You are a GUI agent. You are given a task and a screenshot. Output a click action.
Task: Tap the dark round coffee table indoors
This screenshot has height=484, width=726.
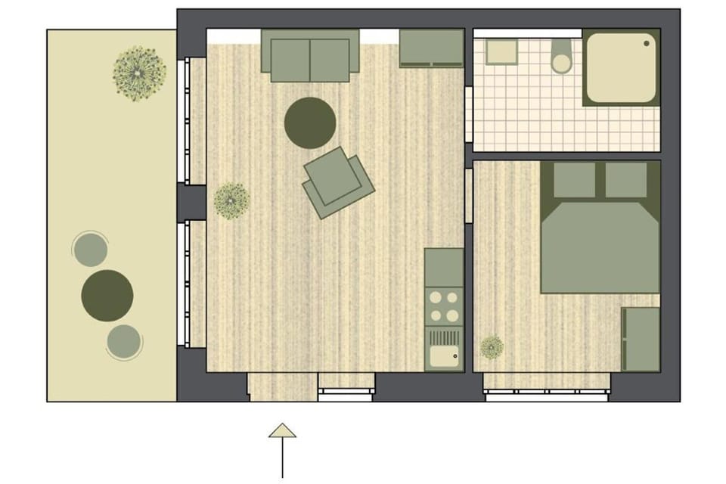point(310,123)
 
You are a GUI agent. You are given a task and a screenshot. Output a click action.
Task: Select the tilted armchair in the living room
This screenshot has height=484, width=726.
point(337,182)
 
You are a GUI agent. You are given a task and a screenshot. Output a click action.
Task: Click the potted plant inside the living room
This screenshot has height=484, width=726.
point(231,201)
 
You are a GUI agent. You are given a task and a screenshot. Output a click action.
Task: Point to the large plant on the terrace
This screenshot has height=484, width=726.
point(139,72)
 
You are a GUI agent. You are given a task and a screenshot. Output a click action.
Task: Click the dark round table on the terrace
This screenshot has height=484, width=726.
point(107,294)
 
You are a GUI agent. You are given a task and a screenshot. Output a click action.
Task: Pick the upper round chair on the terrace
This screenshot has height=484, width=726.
point(90,250)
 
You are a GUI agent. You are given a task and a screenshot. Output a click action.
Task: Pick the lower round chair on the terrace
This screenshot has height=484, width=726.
point(124,342)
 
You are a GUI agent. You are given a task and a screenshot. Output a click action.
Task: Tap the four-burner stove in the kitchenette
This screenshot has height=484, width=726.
point(444,306)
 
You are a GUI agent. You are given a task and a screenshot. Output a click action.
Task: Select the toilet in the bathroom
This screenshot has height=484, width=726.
point(561,57)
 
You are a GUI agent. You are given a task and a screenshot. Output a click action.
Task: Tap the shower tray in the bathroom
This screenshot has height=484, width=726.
point(621,67)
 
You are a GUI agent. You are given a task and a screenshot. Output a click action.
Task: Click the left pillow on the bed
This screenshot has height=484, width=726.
point(575,180)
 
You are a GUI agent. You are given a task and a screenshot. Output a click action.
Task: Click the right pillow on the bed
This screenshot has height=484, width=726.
point(626,180)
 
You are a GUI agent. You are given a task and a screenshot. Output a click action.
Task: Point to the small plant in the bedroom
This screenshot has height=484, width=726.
point(492,347)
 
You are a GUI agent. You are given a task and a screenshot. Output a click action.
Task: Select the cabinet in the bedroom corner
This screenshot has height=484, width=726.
point(641,339)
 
